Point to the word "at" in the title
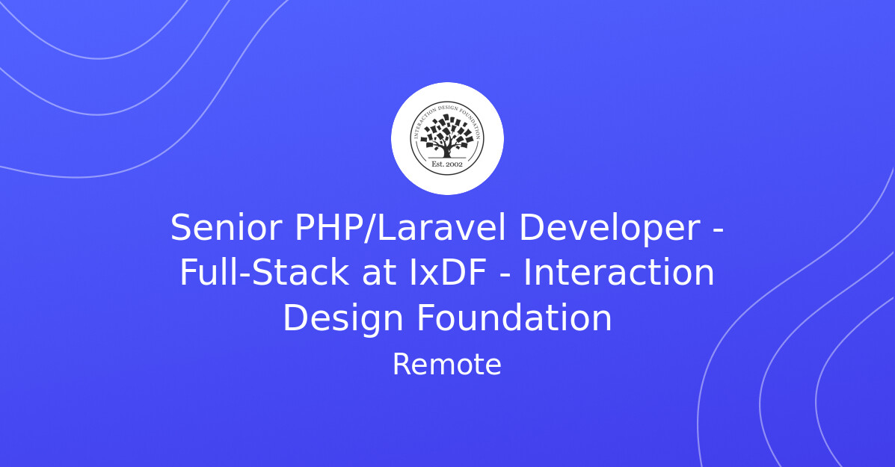pyautogui.click(x=378, y=273)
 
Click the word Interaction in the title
pyautogui.click(x=618, y=273)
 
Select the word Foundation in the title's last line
pyautogui.click(x=514, y=318)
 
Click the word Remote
pyautogui.click(x=447, y=365)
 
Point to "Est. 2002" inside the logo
pyautogui.click(x=447, y=163)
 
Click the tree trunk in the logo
pyautogui.click(x=447, y=150)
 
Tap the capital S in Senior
pyautogui.click(x=181, y=228)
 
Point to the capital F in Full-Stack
pyautogui.click(x=188, y=273)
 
